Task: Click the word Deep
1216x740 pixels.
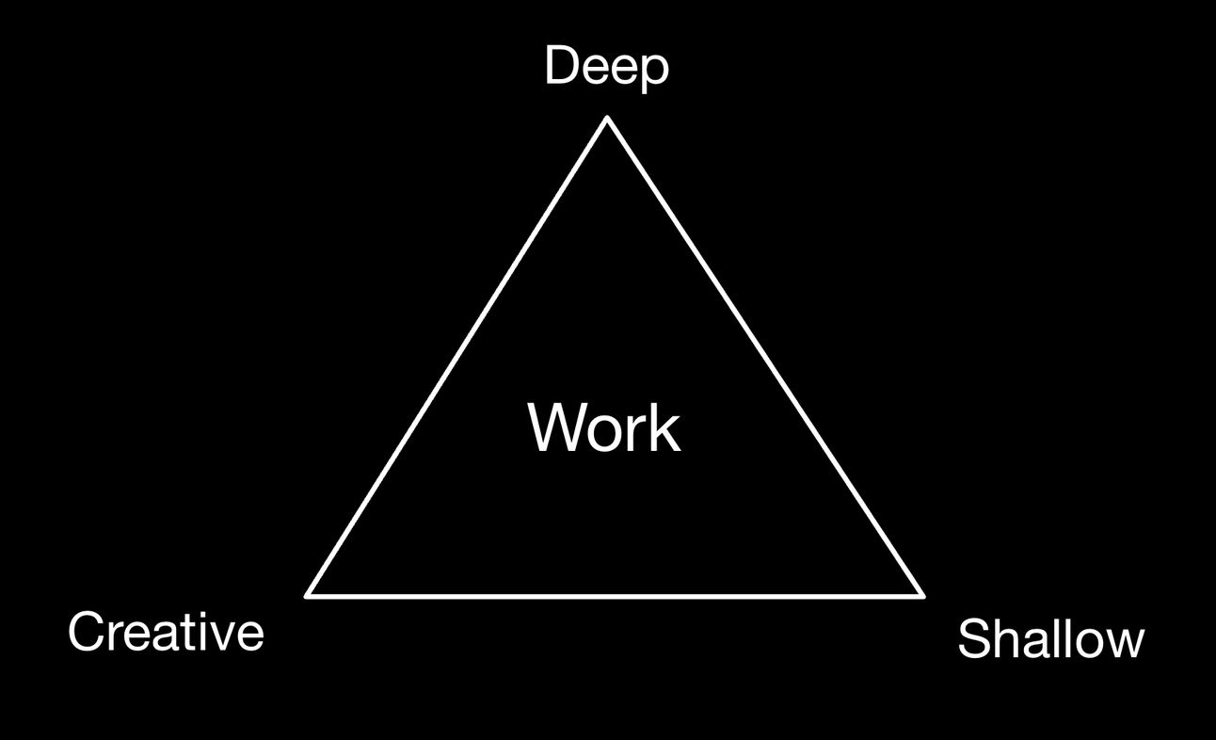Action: tap(606, 68)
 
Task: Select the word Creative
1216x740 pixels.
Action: tap(166, 631)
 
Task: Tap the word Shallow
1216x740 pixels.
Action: tap(1050, 640)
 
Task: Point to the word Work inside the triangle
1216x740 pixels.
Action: tap(604, 428)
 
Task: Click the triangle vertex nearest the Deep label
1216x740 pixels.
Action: tap(607, 119)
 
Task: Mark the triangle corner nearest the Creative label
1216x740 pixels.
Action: tap(309, 595)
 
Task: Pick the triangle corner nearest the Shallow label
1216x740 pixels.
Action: tap(922, 595)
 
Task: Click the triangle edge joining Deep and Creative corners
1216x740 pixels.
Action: tap(457, 357)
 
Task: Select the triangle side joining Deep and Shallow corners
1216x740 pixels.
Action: tap(765, 357)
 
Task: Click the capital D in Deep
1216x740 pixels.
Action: tap(561, 68)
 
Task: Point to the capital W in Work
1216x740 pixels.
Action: tap(556, 428)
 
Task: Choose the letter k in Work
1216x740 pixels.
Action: tap(664, 428)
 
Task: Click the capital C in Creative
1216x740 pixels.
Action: tap(86, 631)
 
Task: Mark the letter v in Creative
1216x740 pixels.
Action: tap(222, 635)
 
